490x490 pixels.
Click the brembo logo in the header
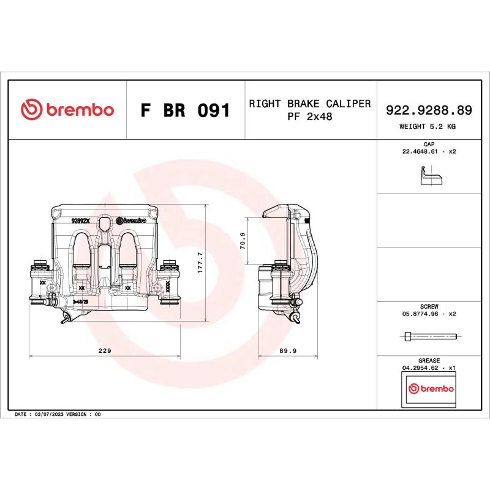coord(67,110)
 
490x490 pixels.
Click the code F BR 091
coord(185,111)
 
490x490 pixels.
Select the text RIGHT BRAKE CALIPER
coord(309,104)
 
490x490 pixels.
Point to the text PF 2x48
coord(309,116)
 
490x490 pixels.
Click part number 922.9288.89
coord(429,110)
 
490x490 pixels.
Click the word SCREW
coord(429,306)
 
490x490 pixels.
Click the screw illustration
coord(431,336)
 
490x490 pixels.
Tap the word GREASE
coord(429,361)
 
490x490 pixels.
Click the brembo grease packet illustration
coord(431,390)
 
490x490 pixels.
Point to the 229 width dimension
coord(105,351)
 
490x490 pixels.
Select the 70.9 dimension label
coord(243,241)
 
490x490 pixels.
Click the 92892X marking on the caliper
coord(81,221)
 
